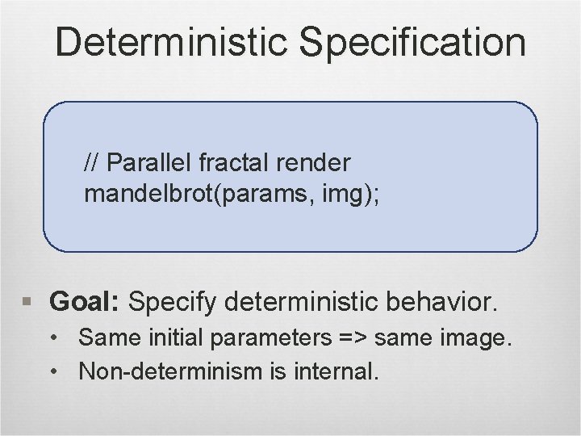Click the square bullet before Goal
point(29,304)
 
